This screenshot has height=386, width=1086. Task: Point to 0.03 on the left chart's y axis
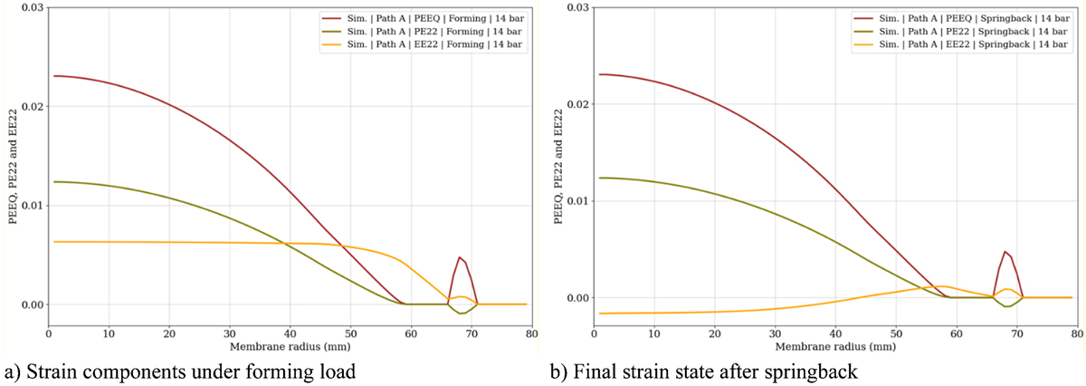tap(33, 8)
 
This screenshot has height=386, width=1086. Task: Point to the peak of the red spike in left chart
tap(460, 257)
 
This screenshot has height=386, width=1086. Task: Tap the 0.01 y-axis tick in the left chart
tap(33, 206)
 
